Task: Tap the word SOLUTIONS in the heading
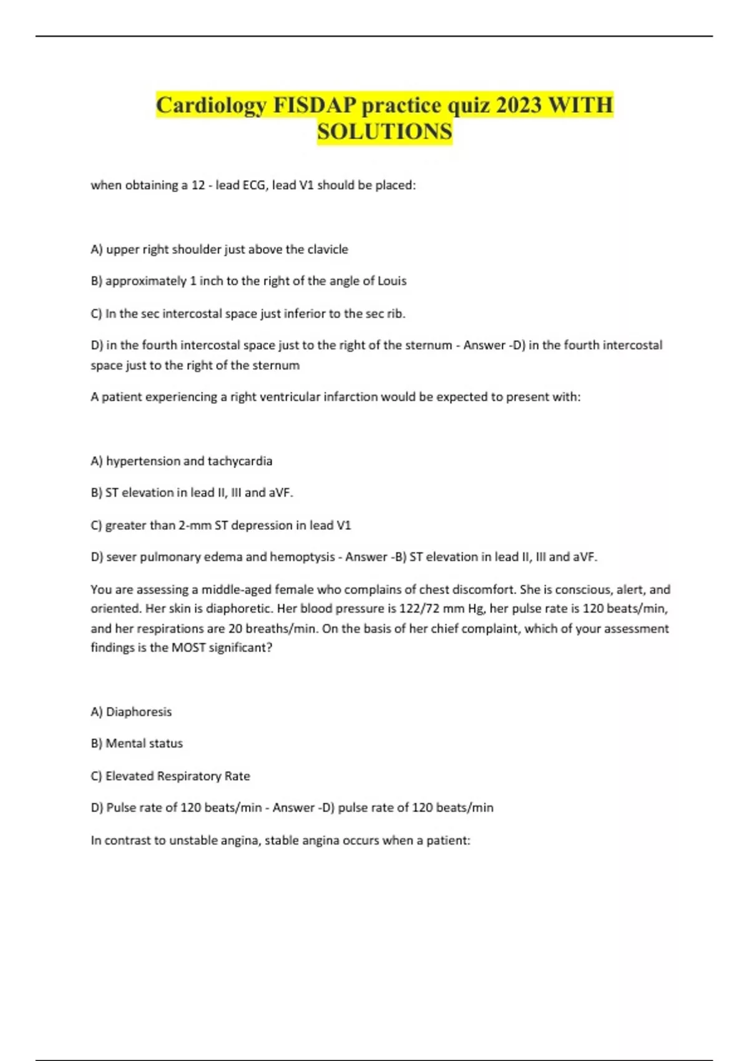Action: point(384,132)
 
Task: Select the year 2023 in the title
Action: point(519,105)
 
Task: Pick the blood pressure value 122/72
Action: point(419,609)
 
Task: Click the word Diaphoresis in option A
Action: point(139,712)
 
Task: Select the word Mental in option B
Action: point(125,743)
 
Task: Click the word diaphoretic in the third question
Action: point(240,609)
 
